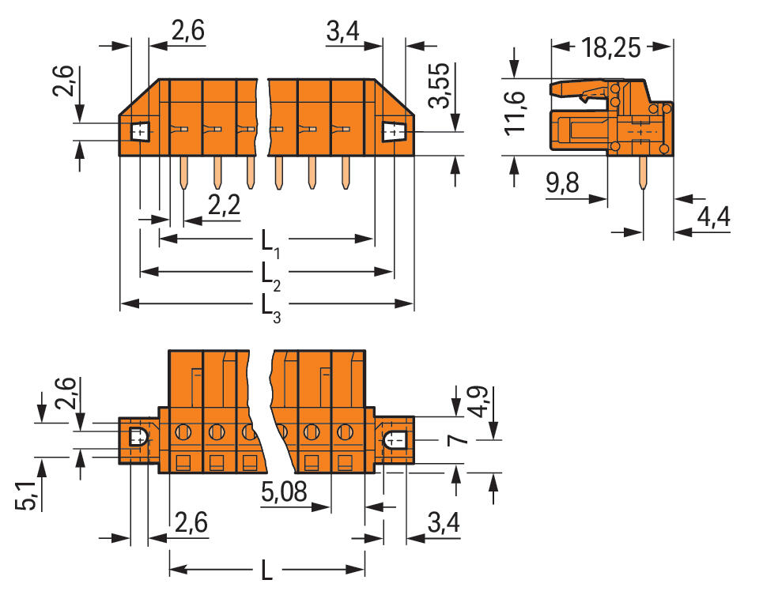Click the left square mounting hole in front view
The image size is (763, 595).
tap(140, 131)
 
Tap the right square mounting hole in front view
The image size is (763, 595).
tap(393, 132)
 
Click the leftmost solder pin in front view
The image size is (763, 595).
tap(183, 173)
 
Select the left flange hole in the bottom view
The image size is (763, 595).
tap(136, 436)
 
